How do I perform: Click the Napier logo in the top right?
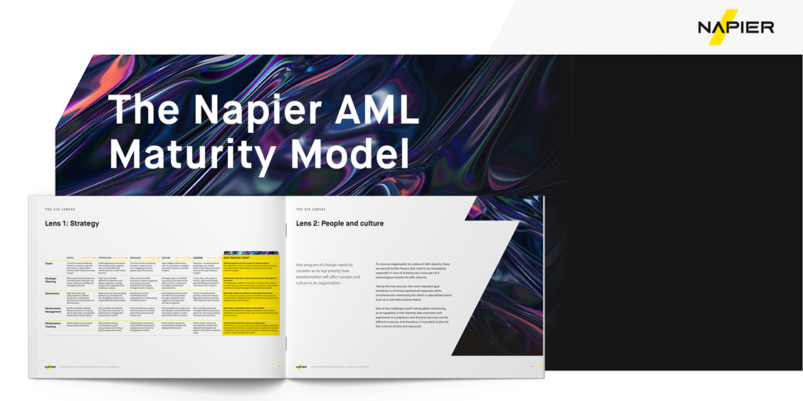tap(735, 28)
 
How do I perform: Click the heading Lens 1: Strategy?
tap(72, 223)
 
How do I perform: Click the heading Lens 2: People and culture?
tap(340, 223)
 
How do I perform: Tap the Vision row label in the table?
tap(50, 263)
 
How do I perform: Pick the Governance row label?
tap(53, 292)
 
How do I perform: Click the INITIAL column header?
tap(70, 257)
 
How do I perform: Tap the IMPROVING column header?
tap(104, 257)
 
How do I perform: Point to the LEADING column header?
tap(199, 257)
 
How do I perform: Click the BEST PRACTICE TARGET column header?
tap(237, 257)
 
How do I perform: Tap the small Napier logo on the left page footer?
tap(50, 367)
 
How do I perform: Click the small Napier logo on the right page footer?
tap(301, 367)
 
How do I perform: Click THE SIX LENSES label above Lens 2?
tap(310, 209)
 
